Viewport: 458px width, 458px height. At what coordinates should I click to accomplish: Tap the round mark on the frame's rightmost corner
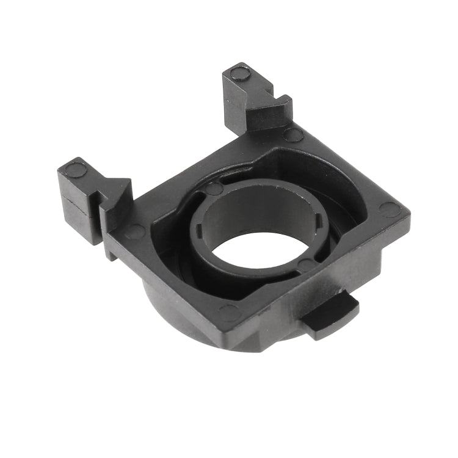pos(389,209)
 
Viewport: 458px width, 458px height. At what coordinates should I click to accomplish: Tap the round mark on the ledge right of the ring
pos(307,264)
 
